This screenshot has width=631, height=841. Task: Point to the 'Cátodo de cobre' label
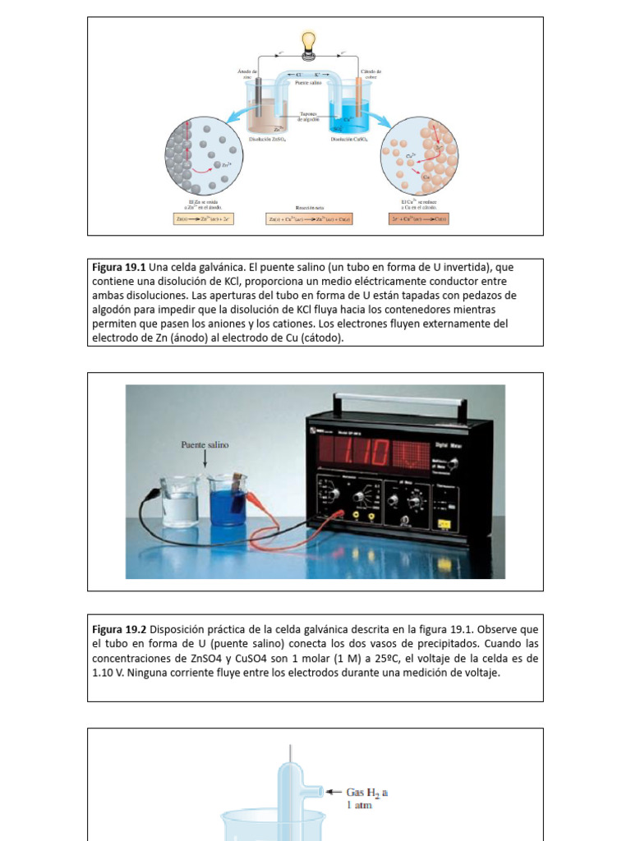pos(370,75)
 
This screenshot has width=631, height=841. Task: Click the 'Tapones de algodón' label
pos(308,117)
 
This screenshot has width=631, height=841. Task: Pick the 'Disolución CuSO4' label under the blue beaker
pos(349,140)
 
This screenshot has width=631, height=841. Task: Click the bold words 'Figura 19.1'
pos(118,268)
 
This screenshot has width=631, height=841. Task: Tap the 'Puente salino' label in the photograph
pos(205,444)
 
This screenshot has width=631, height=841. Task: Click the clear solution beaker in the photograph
pos(180,502)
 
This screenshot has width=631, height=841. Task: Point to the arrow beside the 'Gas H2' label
pos(334,792)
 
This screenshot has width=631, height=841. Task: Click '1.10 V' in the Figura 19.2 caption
pos(107,673)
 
